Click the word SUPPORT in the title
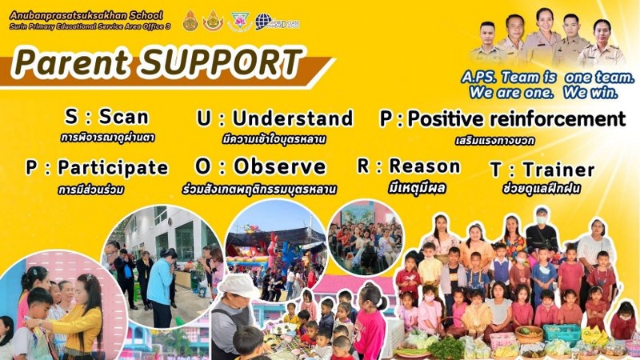(x=221, y=62)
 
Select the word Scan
(x=124, y=117)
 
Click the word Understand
(x=292, y=118)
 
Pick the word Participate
(x=113, y=167)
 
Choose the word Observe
(x=279, y=166)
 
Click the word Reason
(x=425, y=166)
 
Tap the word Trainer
(x=558, y=170)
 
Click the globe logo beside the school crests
(x=264, y=22)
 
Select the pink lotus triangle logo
(x=239, y=22)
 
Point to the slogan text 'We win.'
(x=590, y=92)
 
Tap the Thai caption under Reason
(x=417, y=188)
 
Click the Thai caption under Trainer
(x=542, y=189)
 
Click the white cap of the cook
(x=238, y=286)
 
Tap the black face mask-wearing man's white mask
(x=542, y=220)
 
